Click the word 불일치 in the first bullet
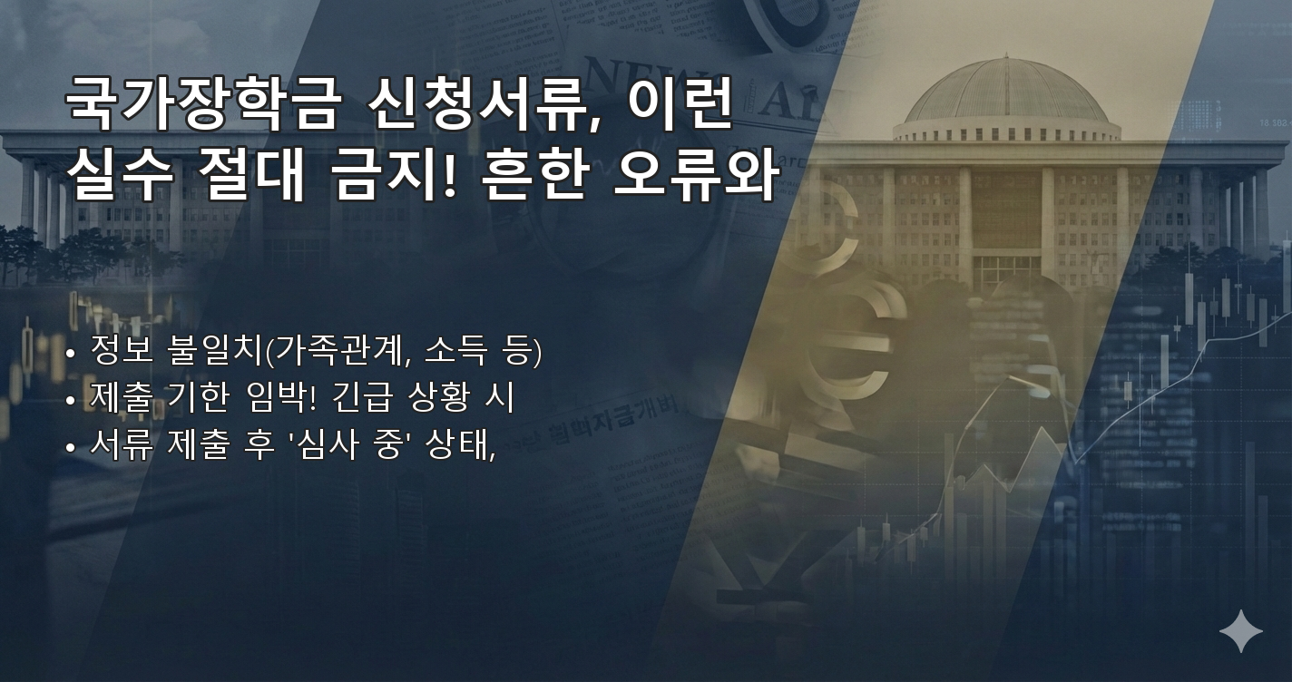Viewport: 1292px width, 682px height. tap(214, 350)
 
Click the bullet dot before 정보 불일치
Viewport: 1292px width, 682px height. tap(71, 354)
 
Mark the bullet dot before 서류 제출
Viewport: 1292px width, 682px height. tap(71, 448)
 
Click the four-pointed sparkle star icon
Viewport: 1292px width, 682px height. tap(1240, 631)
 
